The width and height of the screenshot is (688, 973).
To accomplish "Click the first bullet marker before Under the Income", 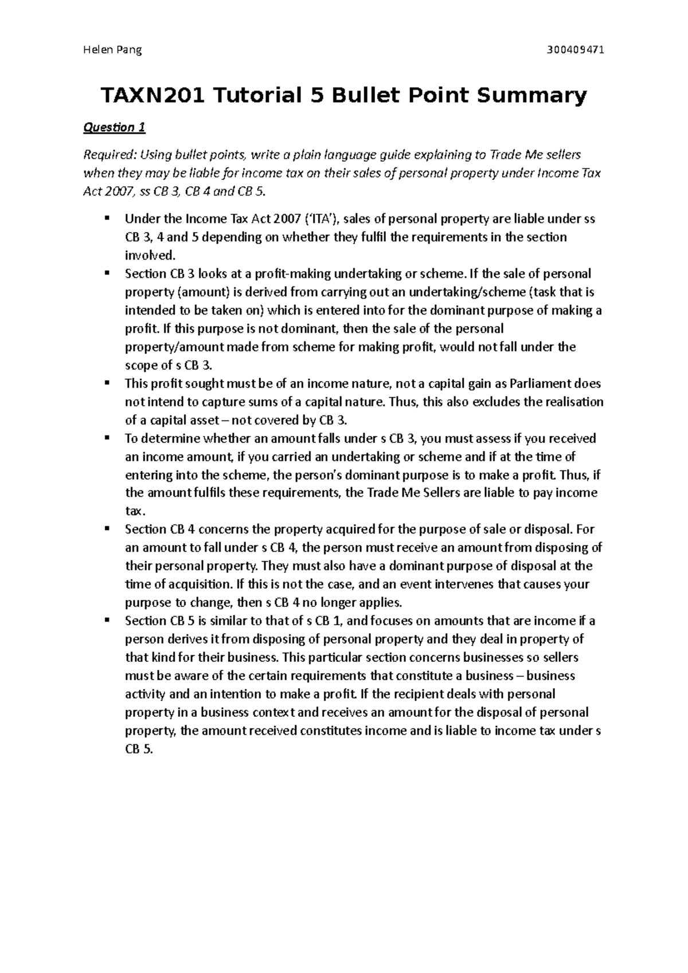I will (x=107, y=218).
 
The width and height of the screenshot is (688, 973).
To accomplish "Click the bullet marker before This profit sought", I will (x=107, y=383).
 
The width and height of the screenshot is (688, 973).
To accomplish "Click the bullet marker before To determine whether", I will (x=107, y=438).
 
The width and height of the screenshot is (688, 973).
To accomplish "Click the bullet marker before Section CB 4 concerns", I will (x=107, y=529).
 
